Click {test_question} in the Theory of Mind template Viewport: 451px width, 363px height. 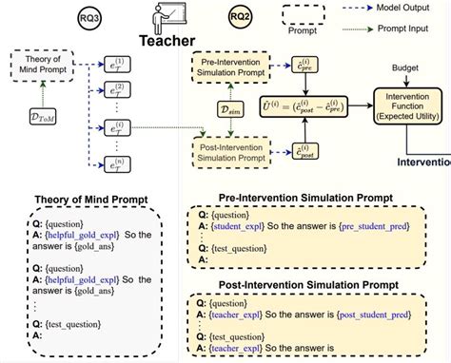[58, 322]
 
